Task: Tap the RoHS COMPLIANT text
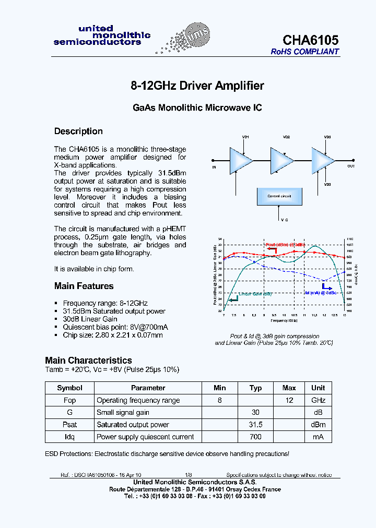pos(304,52)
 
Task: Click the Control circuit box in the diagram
pos(279,196)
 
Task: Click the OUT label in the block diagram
pos(351,166)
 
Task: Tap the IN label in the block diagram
pos(214,167)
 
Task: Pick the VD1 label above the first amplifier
pos(245,137)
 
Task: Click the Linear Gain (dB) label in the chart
pos(255,294)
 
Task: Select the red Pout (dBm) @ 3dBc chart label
pos(285,245)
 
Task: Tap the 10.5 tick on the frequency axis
pos(294,315)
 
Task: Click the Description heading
pos(78,131)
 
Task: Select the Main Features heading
pos(84,286)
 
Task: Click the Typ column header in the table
pos(255,388)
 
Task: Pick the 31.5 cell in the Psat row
pos(255,425)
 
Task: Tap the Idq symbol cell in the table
pos(69,437)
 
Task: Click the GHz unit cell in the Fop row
pos(318,400)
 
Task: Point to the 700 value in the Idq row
pos(255,437)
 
